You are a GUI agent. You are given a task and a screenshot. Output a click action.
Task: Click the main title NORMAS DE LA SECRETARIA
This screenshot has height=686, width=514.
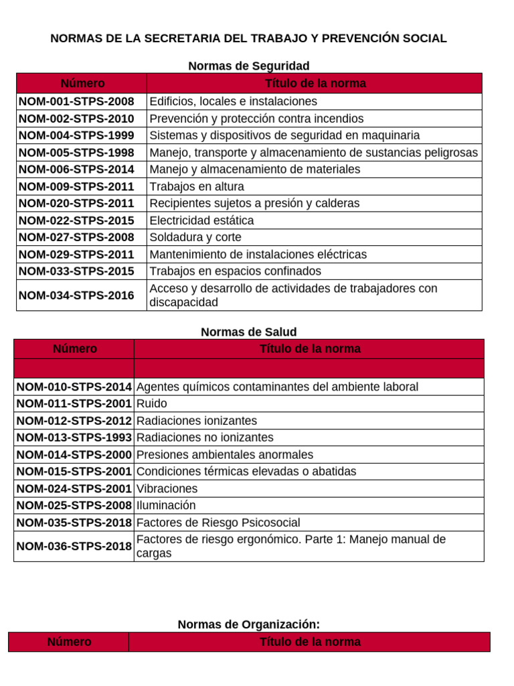point(248,38)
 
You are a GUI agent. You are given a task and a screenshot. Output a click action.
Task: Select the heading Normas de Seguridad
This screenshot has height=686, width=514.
point(248,66)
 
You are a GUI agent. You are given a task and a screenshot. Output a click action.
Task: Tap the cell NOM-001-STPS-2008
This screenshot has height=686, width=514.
point(76,102)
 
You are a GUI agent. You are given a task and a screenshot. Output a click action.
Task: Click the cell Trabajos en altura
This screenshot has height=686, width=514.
point(197,187)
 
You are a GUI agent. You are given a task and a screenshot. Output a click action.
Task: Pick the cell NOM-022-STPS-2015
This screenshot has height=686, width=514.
point(76,220)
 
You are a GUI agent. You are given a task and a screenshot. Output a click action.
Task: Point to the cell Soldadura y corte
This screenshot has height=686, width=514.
point(195,238)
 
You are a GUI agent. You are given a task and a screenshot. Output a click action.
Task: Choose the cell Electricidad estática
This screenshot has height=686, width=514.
point(201,220)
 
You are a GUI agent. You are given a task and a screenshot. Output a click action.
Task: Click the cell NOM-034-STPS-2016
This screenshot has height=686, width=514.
point(76,295)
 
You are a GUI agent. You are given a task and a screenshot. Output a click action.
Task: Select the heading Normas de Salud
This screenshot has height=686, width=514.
point(248,332)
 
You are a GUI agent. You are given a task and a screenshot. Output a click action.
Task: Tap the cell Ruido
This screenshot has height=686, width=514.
point(151,404)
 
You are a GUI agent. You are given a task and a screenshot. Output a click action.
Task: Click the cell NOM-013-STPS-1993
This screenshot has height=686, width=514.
point(74,437)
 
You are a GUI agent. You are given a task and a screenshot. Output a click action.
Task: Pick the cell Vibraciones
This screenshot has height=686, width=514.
point(167,488)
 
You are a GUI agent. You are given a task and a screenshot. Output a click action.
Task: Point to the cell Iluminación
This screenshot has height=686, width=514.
point(166,506)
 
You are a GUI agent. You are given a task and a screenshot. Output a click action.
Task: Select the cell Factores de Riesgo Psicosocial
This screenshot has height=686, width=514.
point(218,523)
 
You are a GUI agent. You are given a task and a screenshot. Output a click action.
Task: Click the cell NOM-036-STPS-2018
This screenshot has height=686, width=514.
point(74,547)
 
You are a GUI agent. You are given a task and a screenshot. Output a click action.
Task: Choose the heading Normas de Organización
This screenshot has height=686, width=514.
point(248,624)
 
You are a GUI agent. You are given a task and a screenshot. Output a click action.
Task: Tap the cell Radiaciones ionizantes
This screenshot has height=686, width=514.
point(196,421)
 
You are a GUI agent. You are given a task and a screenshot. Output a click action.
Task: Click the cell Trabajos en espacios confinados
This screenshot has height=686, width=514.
point(235,271)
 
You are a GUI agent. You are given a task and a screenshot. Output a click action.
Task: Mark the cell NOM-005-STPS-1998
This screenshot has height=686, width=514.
point(76,153)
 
